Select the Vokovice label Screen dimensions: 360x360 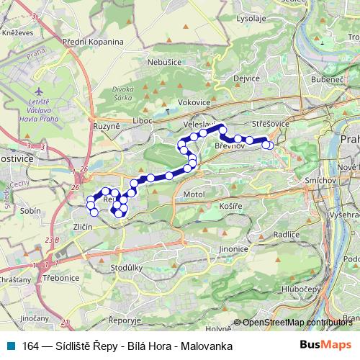tap(193, 103)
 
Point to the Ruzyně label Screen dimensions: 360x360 tap(106, 127)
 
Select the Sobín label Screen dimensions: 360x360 tap(31, 211)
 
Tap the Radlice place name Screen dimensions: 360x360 tap(287, 234)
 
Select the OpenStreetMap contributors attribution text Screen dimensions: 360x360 tap(297, 323)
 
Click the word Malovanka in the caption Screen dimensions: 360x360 tap(208, 346)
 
